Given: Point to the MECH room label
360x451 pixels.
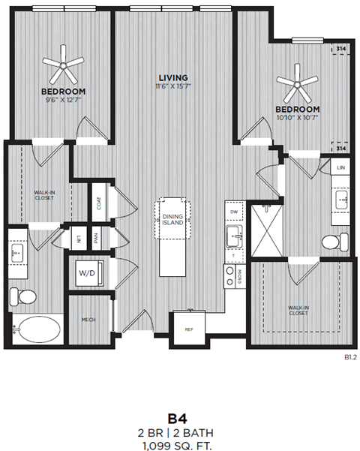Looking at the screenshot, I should point(88,320).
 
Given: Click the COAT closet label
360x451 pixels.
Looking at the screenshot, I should point(98,203).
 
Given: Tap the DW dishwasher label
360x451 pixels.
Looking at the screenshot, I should point(235,212).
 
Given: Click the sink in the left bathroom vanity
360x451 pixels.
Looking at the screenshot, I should point(19,252).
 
